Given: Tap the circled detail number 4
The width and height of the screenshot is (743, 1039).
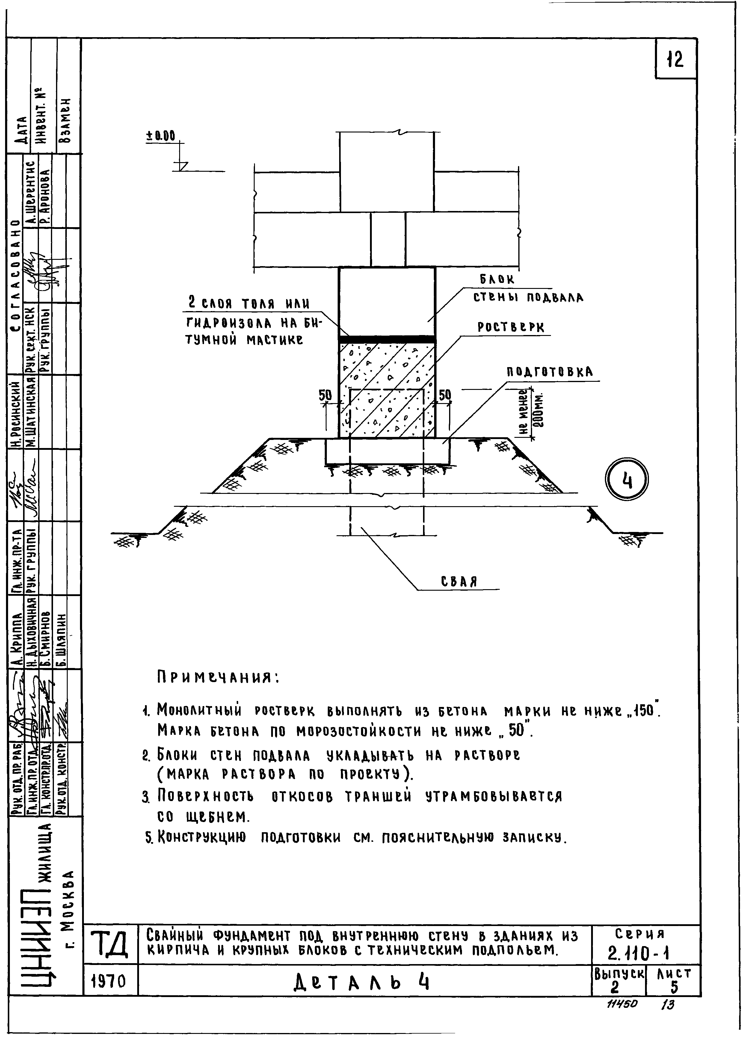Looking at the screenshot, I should coord(627,480).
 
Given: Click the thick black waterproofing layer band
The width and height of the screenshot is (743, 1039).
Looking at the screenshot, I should coord(386,339).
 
